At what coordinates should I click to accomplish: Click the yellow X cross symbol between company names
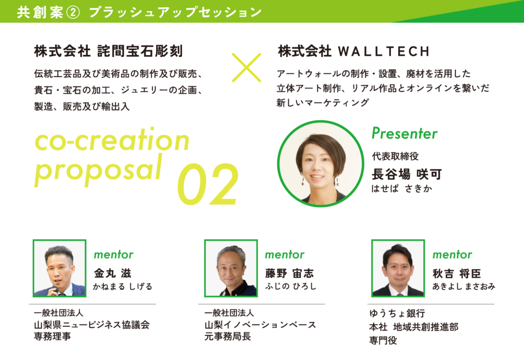click(x=246, y=67)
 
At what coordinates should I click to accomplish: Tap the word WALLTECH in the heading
click(x=384, y=52)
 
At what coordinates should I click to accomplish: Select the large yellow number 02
click(x=208, y=184)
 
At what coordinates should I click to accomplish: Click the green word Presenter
click(x=404, y=133)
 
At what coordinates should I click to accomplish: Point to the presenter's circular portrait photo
click(x=320, y=164)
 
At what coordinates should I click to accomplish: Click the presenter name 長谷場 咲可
click(x=407, y=174)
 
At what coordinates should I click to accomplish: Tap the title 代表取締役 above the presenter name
click(x=395, y=156)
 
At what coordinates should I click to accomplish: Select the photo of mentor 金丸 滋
click(x=59, y=268)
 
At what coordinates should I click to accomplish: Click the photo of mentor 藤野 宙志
click(x=231, y=268)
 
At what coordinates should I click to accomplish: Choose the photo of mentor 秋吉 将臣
click(x=398, y=268)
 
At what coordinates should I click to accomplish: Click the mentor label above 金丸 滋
click(x=114, y=255)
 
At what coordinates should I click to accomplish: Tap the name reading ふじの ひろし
click(x=291, y=286)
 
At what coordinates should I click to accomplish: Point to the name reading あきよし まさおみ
click(x=464, y=286)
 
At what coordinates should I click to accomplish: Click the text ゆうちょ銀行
click(x=397, y=313)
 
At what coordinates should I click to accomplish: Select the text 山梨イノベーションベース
click(x=260, y=325)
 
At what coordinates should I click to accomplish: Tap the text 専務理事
click(x=53, y=336)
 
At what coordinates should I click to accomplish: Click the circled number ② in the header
click(x=73, y=12)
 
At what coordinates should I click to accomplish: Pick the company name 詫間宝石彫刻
click(x=140, y=51)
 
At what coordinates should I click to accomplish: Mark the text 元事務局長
click(x=228, y=336)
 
